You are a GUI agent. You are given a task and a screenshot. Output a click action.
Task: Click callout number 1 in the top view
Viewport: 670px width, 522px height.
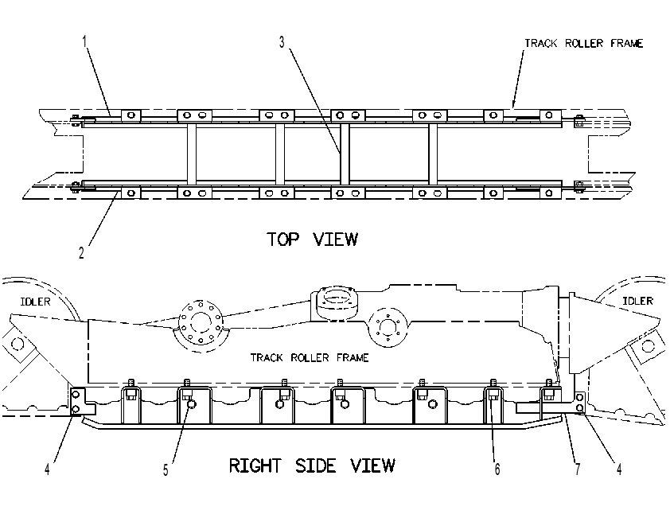(84, 41)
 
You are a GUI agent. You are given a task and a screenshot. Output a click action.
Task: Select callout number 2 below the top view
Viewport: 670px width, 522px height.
(81, 252)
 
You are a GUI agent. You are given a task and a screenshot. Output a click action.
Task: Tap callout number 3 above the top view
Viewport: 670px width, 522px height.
(282, 42)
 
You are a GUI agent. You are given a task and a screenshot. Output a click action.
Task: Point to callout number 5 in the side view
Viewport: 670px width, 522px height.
(166, 470)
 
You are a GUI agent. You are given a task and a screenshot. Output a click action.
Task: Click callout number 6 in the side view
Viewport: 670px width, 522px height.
(497, 469)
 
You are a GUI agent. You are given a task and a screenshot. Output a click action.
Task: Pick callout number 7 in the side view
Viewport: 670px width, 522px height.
(578, 469)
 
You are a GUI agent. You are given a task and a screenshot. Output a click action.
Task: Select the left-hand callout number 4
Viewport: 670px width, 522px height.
(47, 469)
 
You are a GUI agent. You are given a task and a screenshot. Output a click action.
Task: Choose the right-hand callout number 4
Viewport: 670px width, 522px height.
(619, 469)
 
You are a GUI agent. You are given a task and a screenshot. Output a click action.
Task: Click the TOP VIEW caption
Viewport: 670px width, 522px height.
(313, 240)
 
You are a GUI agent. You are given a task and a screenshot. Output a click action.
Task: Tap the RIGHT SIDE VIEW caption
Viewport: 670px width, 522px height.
(312, 466)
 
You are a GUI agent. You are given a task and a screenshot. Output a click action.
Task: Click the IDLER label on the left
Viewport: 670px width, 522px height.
(36, 302)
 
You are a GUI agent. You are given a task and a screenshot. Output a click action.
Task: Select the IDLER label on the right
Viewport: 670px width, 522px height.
(637, 301)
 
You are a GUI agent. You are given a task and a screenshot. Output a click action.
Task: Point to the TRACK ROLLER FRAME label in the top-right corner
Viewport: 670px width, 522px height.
(584, 43)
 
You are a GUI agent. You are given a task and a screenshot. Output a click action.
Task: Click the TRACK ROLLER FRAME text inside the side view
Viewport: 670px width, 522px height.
(310, 357)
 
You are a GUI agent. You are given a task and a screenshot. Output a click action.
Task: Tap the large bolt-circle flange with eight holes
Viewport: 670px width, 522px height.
(201, 323)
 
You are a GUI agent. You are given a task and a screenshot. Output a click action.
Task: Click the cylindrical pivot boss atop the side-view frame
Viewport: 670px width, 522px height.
(336, 302)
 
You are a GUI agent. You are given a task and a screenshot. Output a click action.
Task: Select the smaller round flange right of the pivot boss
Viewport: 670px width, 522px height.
(388, 328)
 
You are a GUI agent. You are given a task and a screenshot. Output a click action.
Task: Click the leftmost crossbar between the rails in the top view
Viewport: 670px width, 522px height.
(192, 154)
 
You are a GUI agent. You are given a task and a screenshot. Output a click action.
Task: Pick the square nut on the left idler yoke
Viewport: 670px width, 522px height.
(18, 344)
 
